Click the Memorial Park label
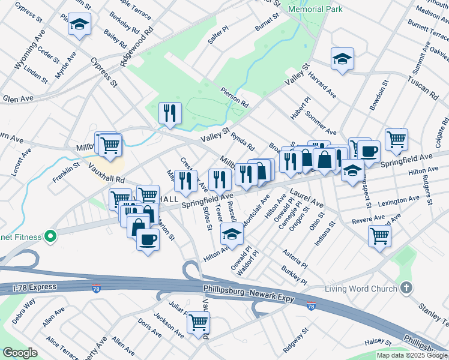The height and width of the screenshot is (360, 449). coord(315,9)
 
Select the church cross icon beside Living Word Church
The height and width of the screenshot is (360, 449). coord(407,288)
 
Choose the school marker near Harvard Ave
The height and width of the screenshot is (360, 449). coord(342,58)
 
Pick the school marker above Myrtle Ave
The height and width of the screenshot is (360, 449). coord(79,25)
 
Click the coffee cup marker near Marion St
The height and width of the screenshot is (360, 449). coord(148,239)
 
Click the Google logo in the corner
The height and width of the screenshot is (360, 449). coord(20,353)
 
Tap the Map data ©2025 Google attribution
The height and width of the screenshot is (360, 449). coord(411,355)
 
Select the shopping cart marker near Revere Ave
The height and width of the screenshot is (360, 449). coord(379,236)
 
